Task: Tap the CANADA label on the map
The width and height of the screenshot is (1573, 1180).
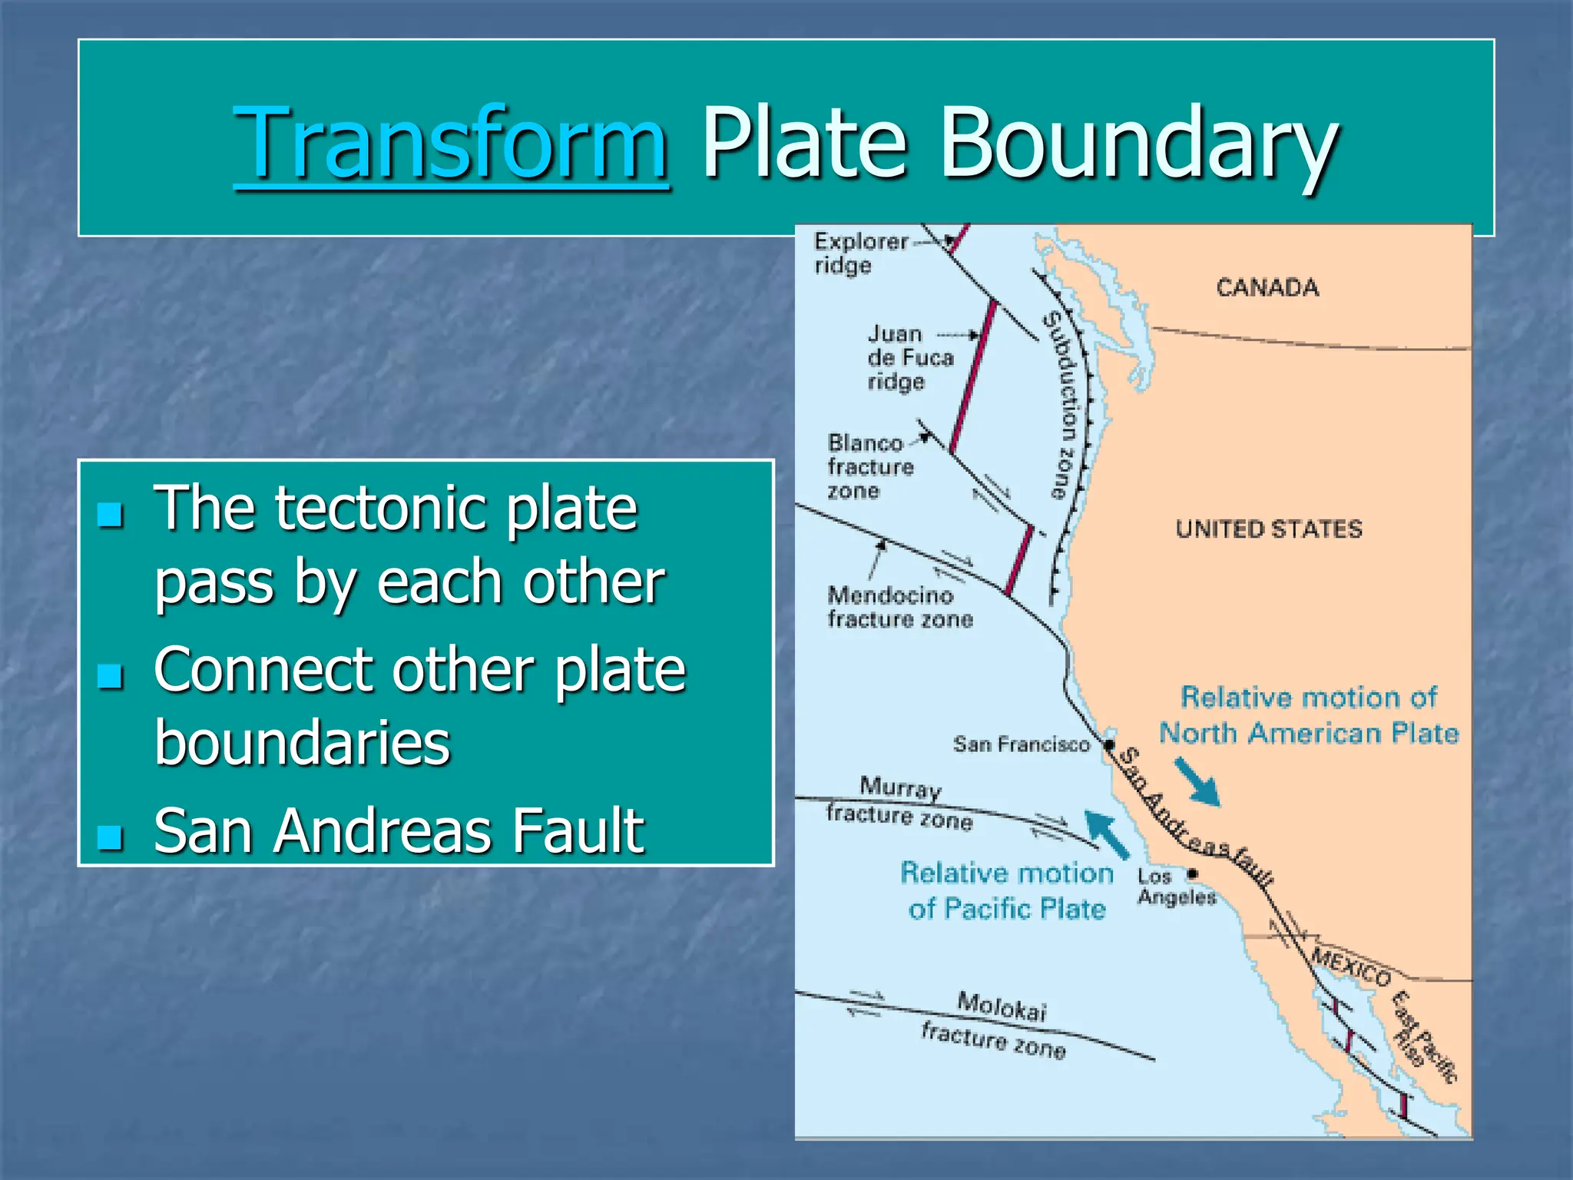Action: point(1267,288)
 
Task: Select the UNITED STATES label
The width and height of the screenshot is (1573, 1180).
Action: point(1269,529)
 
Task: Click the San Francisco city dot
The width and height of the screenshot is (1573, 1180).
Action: point(1109,744)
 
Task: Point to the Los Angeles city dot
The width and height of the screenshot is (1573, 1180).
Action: point(1192,873)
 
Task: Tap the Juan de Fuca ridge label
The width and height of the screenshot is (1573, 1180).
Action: point(909,358)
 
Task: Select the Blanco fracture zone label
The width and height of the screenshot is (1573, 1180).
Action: point(870,466)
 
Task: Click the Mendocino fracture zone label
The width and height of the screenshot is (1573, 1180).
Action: point(899,607)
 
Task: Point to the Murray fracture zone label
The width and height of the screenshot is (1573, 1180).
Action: point(899,804)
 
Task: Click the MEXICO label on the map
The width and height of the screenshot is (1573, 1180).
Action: point(1351,966)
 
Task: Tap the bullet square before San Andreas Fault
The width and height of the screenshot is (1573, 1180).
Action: point(111,837)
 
